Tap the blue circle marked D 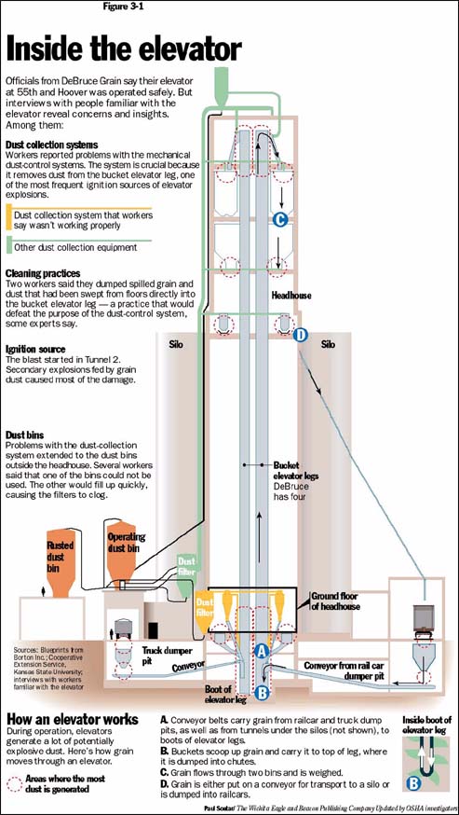300,336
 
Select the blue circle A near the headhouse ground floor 263,650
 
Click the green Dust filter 186,574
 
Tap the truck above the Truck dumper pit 125,628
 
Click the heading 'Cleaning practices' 43,273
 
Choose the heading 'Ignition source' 35,350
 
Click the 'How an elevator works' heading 73,719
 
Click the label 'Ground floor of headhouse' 335,601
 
